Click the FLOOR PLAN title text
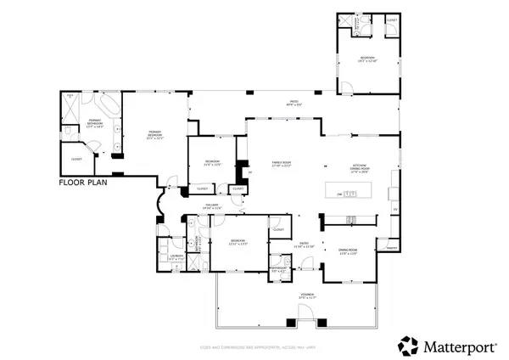86,182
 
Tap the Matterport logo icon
409,345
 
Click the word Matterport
458,345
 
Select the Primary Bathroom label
96,123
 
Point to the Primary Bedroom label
155,134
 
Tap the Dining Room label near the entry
348,250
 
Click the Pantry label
391,247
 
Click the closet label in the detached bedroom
392,18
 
